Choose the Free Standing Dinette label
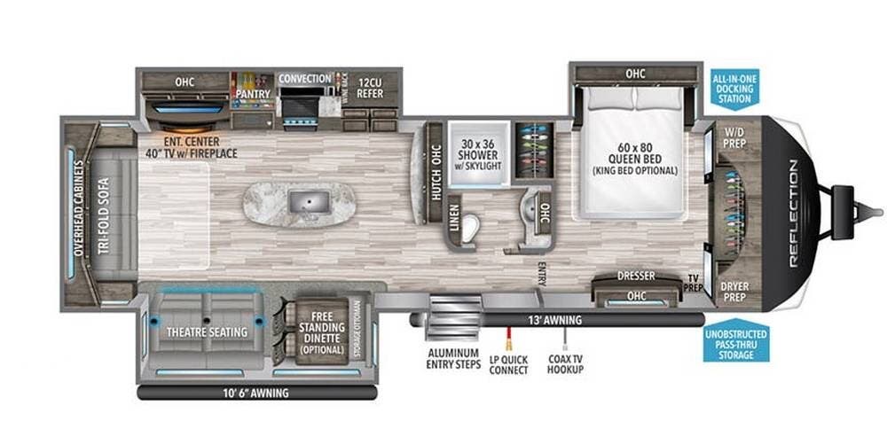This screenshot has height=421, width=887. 320,332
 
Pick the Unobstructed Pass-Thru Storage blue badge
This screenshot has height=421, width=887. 735,343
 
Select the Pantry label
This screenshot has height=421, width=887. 252,92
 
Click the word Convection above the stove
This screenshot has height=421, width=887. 306,78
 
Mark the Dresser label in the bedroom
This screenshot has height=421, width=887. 635,277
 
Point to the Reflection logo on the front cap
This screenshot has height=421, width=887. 792,214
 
